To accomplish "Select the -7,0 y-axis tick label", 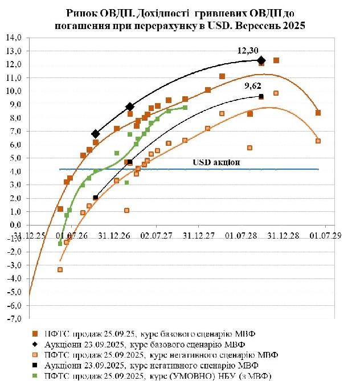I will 13,319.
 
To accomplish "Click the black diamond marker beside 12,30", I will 261,60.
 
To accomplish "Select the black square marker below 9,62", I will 261,97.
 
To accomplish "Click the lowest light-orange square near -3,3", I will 60,269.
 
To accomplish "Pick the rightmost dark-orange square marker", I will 318,113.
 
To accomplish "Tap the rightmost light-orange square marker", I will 318,141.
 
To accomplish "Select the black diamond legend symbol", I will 35,344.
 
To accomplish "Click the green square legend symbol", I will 35,376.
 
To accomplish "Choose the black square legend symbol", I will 35,365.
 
